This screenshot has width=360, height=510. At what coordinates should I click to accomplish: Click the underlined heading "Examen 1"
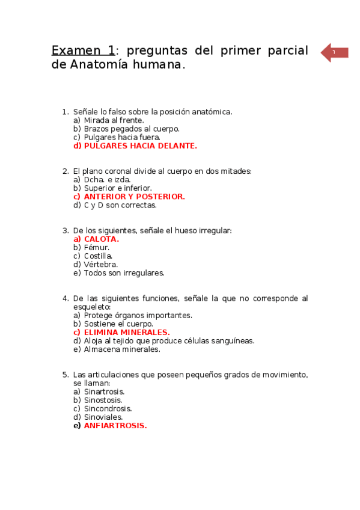coord(83,51)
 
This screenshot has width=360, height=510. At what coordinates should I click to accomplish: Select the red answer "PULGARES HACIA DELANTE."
coord(140,146)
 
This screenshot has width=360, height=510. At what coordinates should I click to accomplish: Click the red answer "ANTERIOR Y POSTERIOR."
coord(134,197)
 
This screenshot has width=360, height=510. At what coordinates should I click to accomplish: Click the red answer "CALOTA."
coord(101,239)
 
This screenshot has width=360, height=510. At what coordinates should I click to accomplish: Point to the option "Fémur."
coord(96,247)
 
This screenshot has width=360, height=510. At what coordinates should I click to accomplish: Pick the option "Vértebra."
coord(100,264)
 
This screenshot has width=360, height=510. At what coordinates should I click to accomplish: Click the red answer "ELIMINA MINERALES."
coord(126,332)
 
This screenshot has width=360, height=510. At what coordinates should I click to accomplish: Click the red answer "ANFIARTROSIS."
coord(115,425)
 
